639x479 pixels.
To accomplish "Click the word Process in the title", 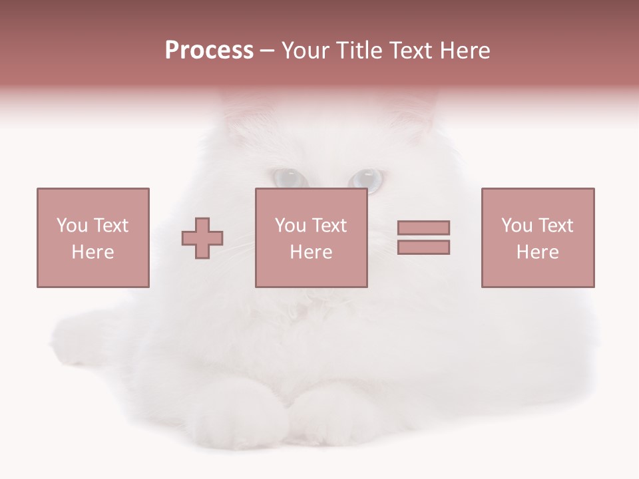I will click(x=209, y=51).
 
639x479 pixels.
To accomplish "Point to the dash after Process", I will click(x=267, y=51).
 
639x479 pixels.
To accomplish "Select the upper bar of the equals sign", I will click(x=423, y=228).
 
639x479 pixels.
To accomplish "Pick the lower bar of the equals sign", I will click(x=423, y=247).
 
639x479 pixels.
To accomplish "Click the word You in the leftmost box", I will click(x=72, y=225).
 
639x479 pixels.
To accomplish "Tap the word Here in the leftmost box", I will click(x=93, y=252).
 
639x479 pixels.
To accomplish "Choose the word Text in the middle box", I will click(x=329, y=225).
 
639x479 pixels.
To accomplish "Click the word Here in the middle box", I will click(x=311, y=252).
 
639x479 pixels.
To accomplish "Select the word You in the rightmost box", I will click(x=517, y=225).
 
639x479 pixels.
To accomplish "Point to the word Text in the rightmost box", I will click(x=556, y=225).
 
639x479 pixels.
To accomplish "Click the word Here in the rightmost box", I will click(x=537, y=252).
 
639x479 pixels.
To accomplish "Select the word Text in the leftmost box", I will click(x=111, y=225).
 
